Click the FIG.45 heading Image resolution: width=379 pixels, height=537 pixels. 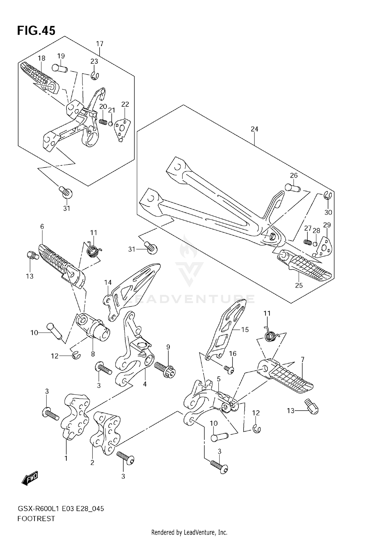pos(36,31)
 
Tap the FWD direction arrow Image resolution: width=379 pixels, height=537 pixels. pos(30,478)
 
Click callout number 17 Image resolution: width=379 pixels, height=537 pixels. pos(100,44)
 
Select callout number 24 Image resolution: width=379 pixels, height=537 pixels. pos(254,129)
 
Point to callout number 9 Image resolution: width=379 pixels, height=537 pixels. pos(168,347)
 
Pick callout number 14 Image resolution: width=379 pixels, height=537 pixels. pos(108,282)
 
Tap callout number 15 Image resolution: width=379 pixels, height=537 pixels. pos(245,330)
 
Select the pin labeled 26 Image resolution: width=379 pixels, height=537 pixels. pos(293,188)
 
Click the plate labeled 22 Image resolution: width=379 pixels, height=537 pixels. pos(122,128)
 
